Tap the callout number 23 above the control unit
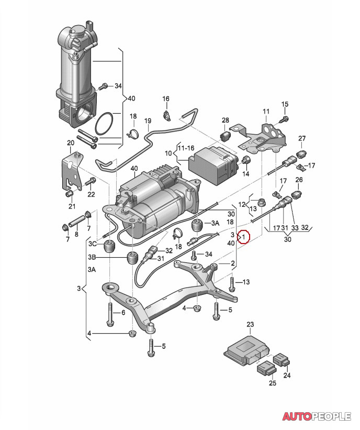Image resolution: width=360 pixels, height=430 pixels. pos(250,324)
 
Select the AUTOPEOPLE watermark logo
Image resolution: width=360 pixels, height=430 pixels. pos(317,416)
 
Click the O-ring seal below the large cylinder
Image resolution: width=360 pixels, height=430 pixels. pos(104,124)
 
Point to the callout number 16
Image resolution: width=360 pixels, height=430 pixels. pos(166,98)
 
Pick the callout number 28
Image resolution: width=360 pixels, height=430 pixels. pos(225,120)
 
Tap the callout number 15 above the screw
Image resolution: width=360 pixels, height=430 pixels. pos(285,104)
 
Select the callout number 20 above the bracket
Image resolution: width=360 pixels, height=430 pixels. pos(71,143)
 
